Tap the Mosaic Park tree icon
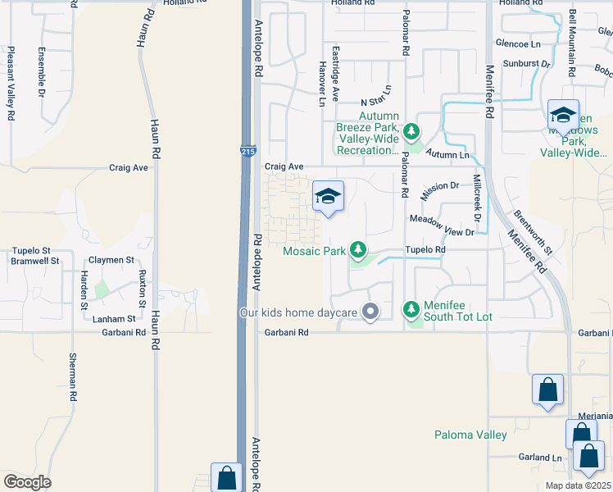pos(357,248)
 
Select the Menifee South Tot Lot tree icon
pos(411,309)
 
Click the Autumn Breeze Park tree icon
pos(411,130)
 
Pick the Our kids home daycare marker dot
pos(370,312)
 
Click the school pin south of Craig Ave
pos(328,197)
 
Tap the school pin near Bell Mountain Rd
pos(564,115)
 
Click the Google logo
pos(27,482)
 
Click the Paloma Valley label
pos(470,435)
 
